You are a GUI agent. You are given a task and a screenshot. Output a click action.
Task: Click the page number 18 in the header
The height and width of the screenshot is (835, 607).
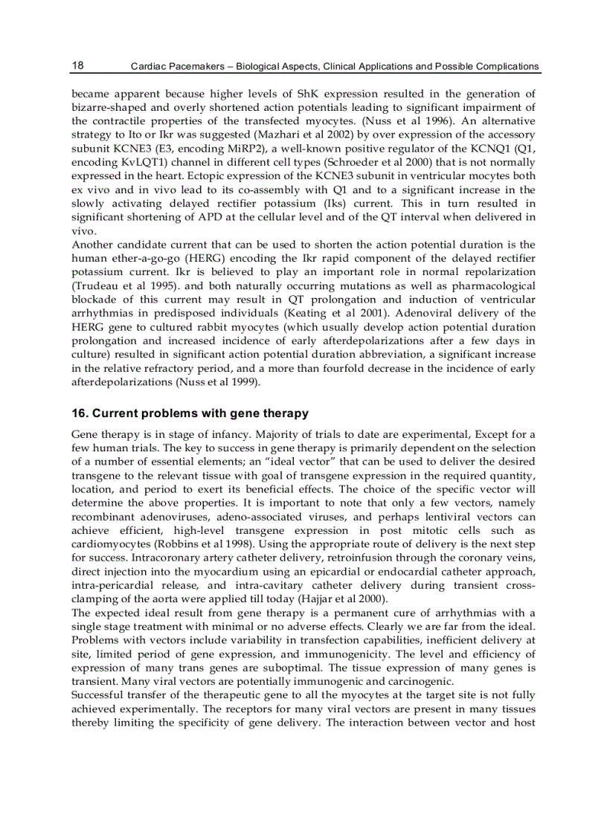click(x=77, y=65)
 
